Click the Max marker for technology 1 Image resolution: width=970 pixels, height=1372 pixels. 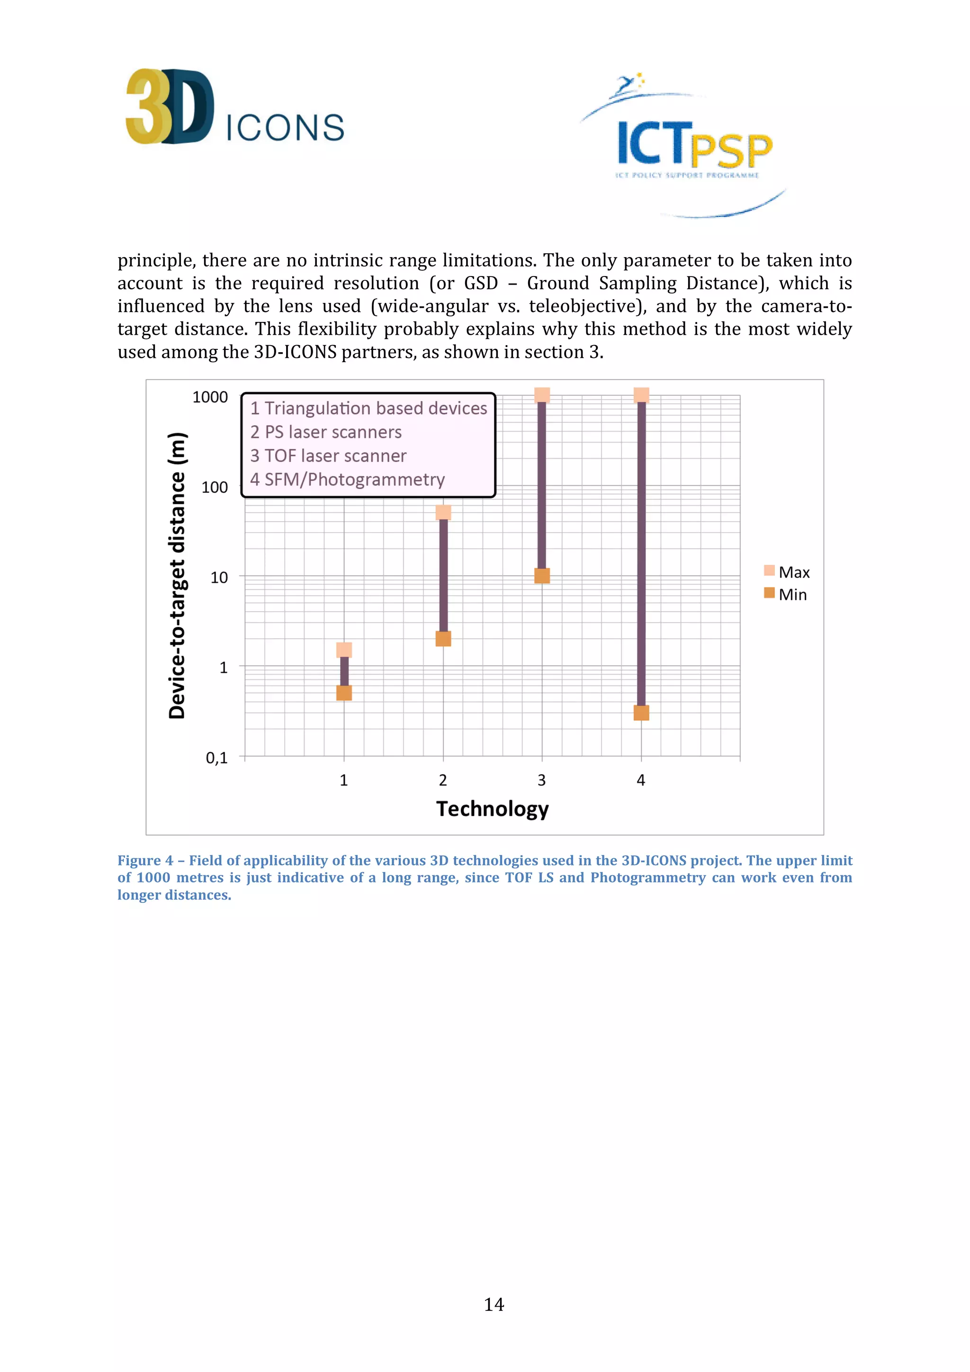pyautogui.click(x=344, y=650)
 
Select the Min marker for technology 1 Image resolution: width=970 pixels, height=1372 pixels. pyautogui.click(x=344, y=693)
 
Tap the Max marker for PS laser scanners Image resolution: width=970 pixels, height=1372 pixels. pyautogui.click(x=443, y=512)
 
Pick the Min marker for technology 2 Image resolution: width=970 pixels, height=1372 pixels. pyautogui.click(x=443, y=639)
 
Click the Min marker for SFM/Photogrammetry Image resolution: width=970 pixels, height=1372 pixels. pyautogui.click(x=641, y=713)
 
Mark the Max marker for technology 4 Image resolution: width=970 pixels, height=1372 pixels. pyautogui.click(x=641, y=395)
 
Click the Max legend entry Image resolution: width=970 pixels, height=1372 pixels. pyautogui.click(x=787, y=572)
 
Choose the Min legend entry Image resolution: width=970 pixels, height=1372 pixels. pyautogui.click(x=786, y=595)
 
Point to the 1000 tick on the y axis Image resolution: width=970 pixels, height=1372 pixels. pyautogui.click(x=210, y=397)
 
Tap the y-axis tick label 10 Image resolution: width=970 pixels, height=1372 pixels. pyautogui.click(x=219, y=577)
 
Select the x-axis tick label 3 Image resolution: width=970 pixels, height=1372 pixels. pyautogui.click(x=541, y=780)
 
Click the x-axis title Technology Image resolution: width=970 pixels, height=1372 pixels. pyautogui.click(x=493, y=809)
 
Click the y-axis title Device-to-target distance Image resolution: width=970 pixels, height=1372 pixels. pyautogui.click(x=178, y=575)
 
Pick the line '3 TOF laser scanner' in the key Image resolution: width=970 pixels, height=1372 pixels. pyautogui.click(x=328, y=456)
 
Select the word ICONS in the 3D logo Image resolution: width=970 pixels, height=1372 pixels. pyautogui.click(x=285, y=127)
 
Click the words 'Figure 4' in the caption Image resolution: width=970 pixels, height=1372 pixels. pyautogui.click(x=144, y=861)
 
